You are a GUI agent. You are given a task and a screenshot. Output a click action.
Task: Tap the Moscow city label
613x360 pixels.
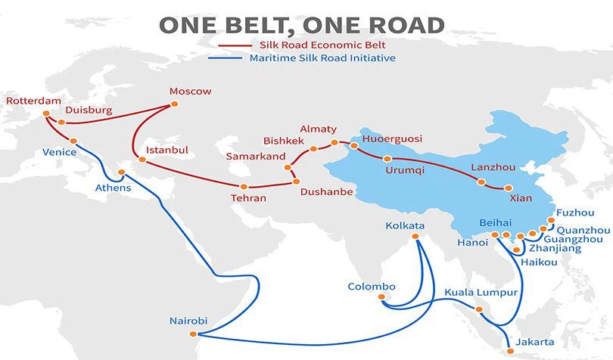[x=190, y=92]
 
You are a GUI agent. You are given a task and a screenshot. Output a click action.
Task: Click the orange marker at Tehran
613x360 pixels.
[x=244, y=186]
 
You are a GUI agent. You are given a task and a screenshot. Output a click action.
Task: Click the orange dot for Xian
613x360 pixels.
[x=509, y=188]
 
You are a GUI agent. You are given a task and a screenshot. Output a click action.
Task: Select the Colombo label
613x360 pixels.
[x=372, y=287]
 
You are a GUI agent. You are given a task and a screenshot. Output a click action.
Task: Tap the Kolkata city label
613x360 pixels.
[x=405, y=225]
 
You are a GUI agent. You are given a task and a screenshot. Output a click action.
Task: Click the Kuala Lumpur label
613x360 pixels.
[x=481, y=292]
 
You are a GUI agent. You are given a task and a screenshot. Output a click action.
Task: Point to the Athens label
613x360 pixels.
[x=113, y=187]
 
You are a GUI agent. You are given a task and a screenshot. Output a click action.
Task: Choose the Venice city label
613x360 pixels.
[x=59, y=153]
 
